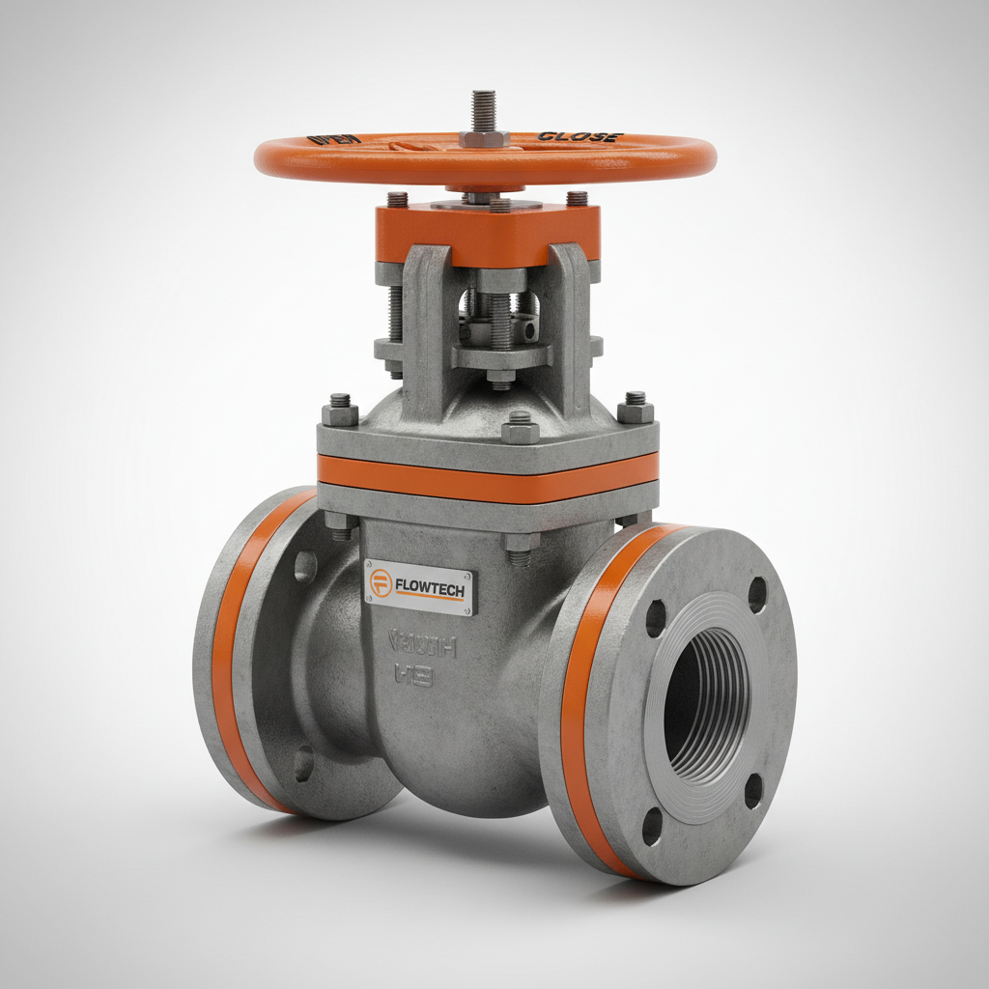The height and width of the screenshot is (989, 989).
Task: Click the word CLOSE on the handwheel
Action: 579,137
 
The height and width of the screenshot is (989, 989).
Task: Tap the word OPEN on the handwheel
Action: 334,139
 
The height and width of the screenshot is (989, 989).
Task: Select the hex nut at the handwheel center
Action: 484,138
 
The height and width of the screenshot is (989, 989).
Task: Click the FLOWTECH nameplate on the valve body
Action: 419,587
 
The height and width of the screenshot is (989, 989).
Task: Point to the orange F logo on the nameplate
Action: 381,582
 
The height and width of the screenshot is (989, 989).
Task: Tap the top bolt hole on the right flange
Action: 757,594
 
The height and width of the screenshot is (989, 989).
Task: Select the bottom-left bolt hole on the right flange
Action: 653,827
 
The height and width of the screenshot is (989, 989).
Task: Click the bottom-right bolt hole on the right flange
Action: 753,791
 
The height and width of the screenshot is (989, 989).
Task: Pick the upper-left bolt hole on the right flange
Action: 656,618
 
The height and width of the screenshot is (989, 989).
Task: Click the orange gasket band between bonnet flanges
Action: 488,477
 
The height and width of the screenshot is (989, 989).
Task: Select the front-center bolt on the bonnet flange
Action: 521,426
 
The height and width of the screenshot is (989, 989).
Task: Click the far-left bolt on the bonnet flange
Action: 340,410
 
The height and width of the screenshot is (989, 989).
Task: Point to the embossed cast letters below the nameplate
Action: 410,657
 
